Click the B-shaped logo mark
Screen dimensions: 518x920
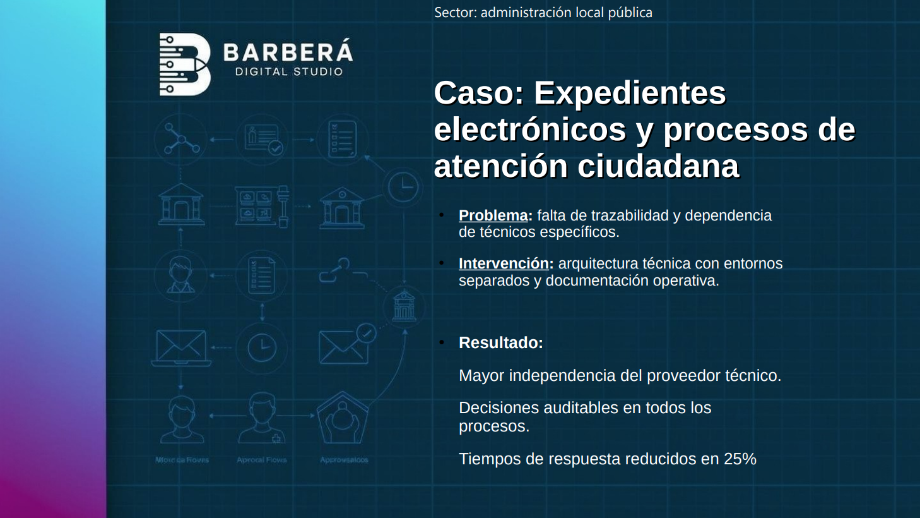[x=184, y=64]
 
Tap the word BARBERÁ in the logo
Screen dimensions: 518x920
[x=288, y=52]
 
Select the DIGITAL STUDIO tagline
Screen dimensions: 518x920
[x=289, y=72]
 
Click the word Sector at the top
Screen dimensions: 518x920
[x=454, y=13]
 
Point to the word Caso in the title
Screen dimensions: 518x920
[x=478, y=93]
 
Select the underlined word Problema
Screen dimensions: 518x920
[x=493, y=215]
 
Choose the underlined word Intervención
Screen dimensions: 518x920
[x=504, y=263]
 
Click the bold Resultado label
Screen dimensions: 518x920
[x=500, y=342]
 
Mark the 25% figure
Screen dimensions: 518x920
[x=740, y=459]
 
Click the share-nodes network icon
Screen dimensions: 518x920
[x=181, y=139]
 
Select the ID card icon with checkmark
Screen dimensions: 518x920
[x=262, y=139]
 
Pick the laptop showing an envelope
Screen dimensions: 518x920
[x=181, y=347]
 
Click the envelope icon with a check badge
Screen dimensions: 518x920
[x=346, y=345]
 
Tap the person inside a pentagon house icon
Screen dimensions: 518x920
[x=343, y=418]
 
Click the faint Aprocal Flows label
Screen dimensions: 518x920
[x=262, y=460]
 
